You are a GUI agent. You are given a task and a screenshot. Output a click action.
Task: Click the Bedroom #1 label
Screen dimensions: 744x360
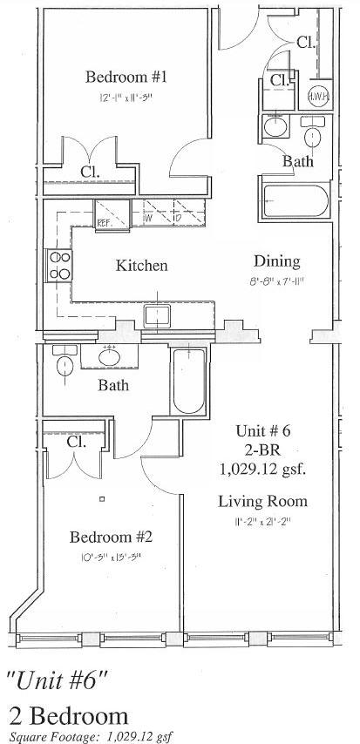126,78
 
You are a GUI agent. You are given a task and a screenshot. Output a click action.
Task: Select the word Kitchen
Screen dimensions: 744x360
140,266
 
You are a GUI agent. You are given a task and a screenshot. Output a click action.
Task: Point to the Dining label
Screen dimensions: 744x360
276,261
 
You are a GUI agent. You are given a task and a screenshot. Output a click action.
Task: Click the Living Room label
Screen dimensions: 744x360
275,501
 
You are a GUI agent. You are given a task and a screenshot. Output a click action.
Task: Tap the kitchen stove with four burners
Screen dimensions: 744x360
60,265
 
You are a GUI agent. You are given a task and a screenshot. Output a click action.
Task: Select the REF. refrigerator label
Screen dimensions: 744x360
104,222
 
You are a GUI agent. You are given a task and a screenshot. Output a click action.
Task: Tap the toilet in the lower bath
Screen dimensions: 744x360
62,365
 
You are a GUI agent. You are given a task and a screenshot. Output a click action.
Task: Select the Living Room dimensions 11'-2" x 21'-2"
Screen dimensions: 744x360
275,523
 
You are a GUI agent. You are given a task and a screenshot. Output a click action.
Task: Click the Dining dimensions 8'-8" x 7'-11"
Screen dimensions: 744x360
276,282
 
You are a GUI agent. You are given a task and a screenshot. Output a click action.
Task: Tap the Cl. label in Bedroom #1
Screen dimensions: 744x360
90,172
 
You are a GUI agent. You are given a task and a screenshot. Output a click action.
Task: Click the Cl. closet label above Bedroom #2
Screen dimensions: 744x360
76,442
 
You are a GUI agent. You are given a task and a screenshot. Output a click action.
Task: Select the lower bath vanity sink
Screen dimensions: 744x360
111,358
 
